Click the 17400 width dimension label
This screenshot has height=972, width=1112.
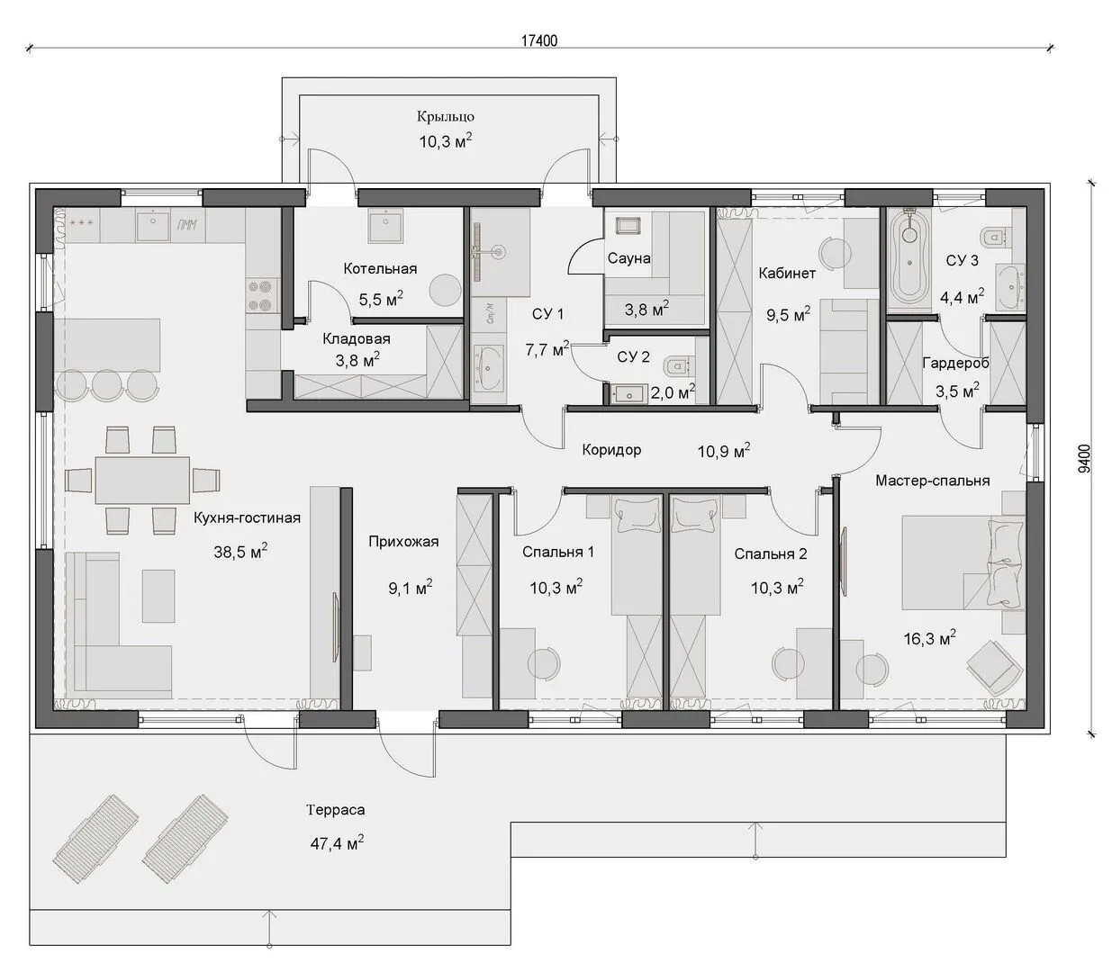point(539,40)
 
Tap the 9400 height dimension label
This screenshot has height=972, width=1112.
point(1084,459)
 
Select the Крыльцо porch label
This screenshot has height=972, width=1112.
point(446,117)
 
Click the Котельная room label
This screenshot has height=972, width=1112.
point(380,268)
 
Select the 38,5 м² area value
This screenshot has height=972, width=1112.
point(240,552)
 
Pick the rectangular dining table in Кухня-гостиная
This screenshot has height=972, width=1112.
point(142,481)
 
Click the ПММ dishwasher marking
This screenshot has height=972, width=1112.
point(186,224)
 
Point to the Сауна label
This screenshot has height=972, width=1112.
point(628,258)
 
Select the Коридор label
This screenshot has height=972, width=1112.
point(611,450)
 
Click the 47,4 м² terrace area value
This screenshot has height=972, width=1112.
point(337,843)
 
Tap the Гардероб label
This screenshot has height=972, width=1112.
point(955,363)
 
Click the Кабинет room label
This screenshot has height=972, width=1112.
point(787,274)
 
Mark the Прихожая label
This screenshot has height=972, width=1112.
point(403,542)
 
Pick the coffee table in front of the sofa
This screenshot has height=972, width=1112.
point(158,596)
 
